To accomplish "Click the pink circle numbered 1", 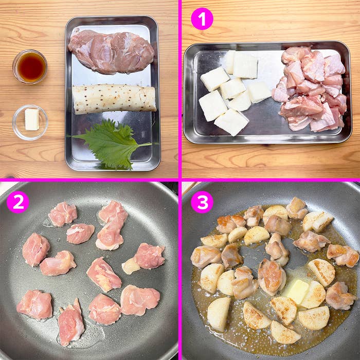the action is [202, 19].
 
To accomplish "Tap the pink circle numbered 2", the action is [18, 202].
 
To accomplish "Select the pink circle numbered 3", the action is [202, 202].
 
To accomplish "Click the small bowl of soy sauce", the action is [30, 66].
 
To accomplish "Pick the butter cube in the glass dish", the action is [32, 119].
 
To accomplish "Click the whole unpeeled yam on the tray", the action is [114, 99].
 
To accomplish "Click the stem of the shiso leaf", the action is [144, 145].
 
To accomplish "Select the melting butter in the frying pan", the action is [296, 291].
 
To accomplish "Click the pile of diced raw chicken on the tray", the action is [310, 89].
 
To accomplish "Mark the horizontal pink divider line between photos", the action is [180, 180].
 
